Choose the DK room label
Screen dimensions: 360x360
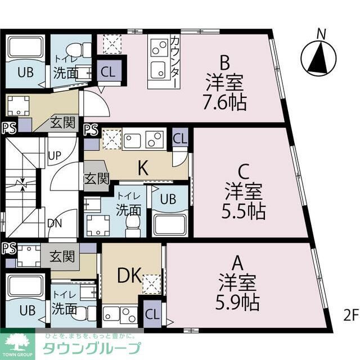click(129, 274)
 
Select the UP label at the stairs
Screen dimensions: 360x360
click(55, 155)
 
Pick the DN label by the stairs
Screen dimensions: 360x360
click(55, 223)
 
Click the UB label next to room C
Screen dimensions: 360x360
click(166, 199)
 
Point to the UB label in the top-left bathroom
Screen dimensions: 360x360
click(25, 72)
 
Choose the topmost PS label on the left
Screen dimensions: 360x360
click(8, 128)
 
